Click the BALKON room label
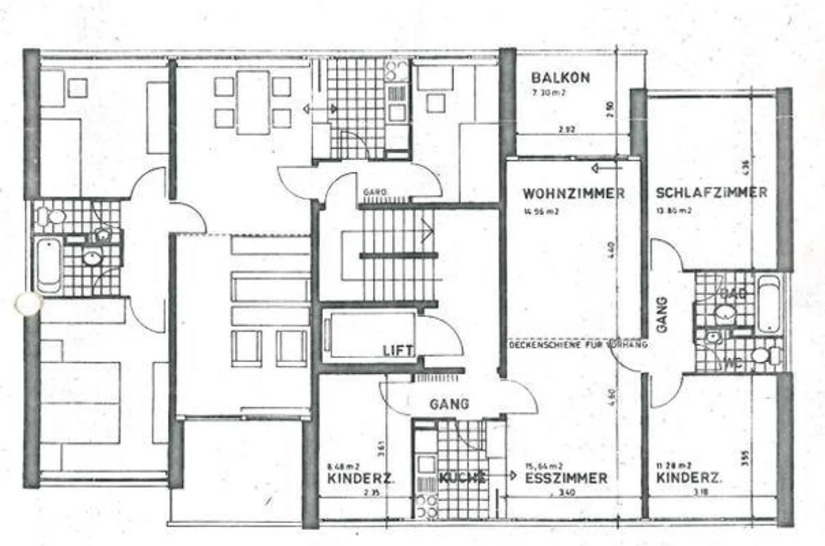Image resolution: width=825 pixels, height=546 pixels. tap(560, 78)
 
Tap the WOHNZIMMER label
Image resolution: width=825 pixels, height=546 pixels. tap(573, 193)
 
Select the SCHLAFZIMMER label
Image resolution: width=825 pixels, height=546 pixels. tap(711, 192)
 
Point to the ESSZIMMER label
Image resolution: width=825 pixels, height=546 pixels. tap(566, 478)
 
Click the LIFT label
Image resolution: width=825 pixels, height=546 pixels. tap(398, 350)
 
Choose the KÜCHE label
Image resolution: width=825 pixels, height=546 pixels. tap(462, 477)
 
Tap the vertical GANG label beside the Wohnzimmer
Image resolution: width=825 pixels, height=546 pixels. tap(662, 315)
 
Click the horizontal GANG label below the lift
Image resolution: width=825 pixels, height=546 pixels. tap(449, 404)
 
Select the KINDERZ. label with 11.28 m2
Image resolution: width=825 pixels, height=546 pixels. tap(689, 478)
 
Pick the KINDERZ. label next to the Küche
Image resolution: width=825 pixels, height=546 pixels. tap(360, 478)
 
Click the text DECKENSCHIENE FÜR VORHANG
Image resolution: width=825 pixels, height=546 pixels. tap(577, 345)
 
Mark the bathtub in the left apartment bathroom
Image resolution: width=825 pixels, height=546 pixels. tap(48, 266)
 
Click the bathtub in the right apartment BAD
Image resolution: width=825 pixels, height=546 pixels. tap(768, 304)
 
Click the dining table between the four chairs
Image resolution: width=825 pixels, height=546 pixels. tap(253, 102)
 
